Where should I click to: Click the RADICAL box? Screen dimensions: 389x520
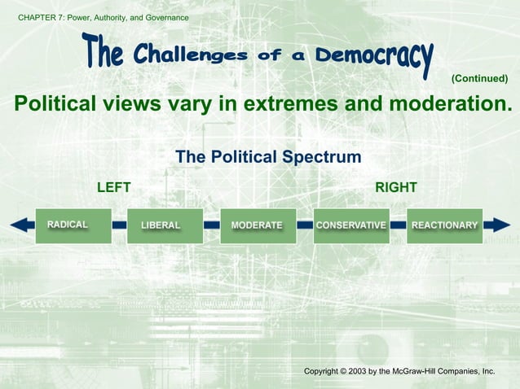[x=73, y=225]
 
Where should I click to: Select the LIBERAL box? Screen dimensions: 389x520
[x=165, y=225]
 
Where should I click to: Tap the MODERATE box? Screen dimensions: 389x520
[x=258, y=225]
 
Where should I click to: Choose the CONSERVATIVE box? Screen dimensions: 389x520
[x=351, y=225]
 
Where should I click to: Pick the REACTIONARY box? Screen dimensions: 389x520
[x=444, y=225]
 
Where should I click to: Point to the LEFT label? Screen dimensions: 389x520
[x=113, y=188]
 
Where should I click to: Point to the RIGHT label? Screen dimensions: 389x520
[x=396, y=188]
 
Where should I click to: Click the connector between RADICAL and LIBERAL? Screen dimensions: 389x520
[x=119, y=225]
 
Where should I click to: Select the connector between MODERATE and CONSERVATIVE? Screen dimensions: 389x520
[x=305, y=225]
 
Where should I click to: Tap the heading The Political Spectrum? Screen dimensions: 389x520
[x=268, y=157]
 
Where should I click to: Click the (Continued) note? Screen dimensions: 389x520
[x=479, y=78]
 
